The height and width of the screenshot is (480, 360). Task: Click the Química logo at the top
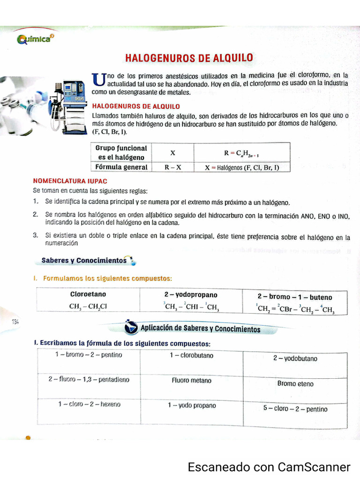tap(34, 39)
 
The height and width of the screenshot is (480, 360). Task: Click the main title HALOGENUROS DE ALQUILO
tap(189, 58)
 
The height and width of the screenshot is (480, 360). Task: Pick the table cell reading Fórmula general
tap(121, 167)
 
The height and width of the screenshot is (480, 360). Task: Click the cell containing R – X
tap(172, 167)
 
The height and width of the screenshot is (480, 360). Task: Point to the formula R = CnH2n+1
tap(241, 153)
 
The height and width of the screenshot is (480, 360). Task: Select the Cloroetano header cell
tap(88, 294)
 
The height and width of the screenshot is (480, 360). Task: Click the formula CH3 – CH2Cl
tap(88, 307)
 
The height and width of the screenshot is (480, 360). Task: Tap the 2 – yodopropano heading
tap(191, 295)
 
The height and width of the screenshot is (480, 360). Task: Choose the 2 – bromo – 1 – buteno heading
tap(294, 297)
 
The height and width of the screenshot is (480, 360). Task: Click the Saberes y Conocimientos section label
tap(84, 260)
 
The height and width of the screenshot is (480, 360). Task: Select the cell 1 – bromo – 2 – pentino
tap(88, 355)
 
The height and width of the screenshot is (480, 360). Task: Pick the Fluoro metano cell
tap(191, 381)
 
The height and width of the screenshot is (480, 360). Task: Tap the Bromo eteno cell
tap(295, 383)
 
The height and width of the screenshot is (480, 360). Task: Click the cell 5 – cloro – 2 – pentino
tap(295, 409)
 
